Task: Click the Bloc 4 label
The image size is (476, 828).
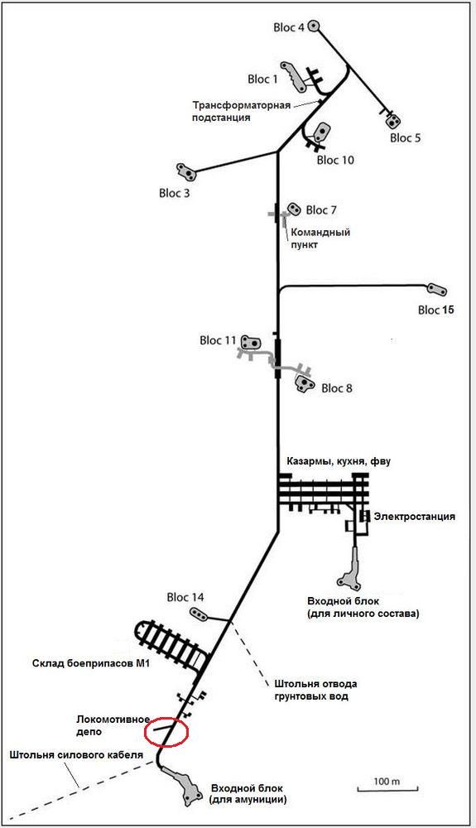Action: pos(289,27)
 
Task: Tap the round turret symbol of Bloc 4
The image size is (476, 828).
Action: pos(315,26)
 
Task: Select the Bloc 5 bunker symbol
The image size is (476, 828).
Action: pos(392,122)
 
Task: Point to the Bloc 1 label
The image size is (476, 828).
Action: pos(262,79)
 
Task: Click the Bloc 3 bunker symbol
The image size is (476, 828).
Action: pos(186,171)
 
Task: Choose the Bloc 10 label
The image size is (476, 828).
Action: pos(335,160)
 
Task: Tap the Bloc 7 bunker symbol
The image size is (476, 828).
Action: pos(293,209)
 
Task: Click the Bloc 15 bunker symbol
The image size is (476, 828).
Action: pos(437,290)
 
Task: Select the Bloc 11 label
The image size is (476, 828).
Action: pos(218,340)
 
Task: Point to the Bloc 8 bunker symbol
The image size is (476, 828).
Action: pos(305,383)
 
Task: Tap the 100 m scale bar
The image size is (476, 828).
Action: pos(387,789)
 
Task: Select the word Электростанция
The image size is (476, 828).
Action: pos(414,516)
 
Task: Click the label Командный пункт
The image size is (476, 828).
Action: pos(320,238)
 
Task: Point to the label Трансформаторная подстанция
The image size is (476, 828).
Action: pos(241,111)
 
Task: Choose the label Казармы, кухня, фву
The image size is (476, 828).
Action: pos(339,461)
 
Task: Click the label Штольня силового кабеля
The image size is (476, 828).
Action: pos(76,754)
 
